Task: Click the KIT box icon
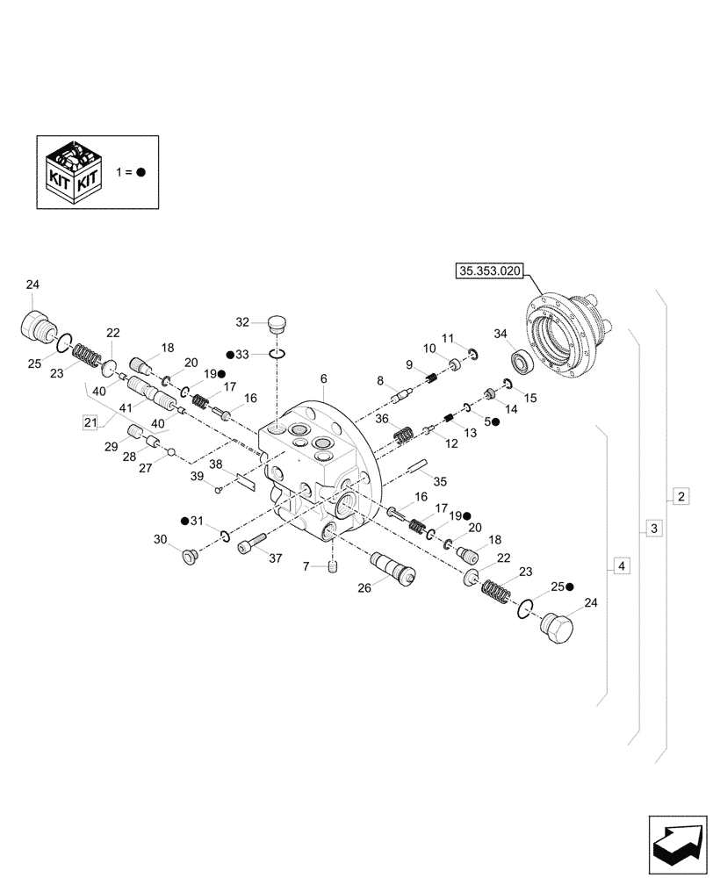75,172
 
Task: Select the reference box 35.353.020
488,272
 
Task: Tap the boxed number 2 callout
681,497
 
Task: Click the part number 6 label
323,378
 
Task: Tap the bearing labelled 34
524,361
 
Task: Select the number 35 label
440,481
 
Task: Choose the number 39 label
198,475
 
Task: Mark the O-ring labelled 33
276,354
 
